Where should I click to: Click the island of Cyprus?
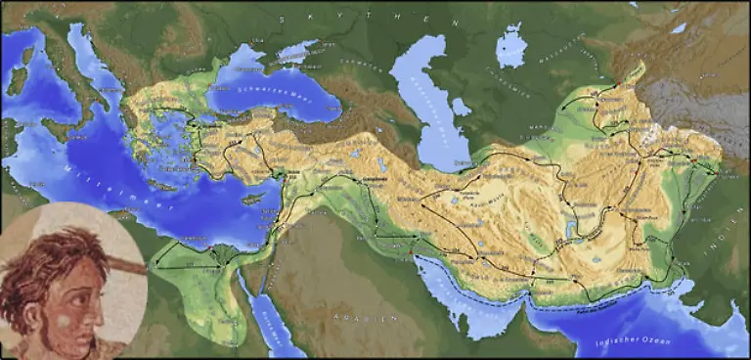point(253,198)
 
